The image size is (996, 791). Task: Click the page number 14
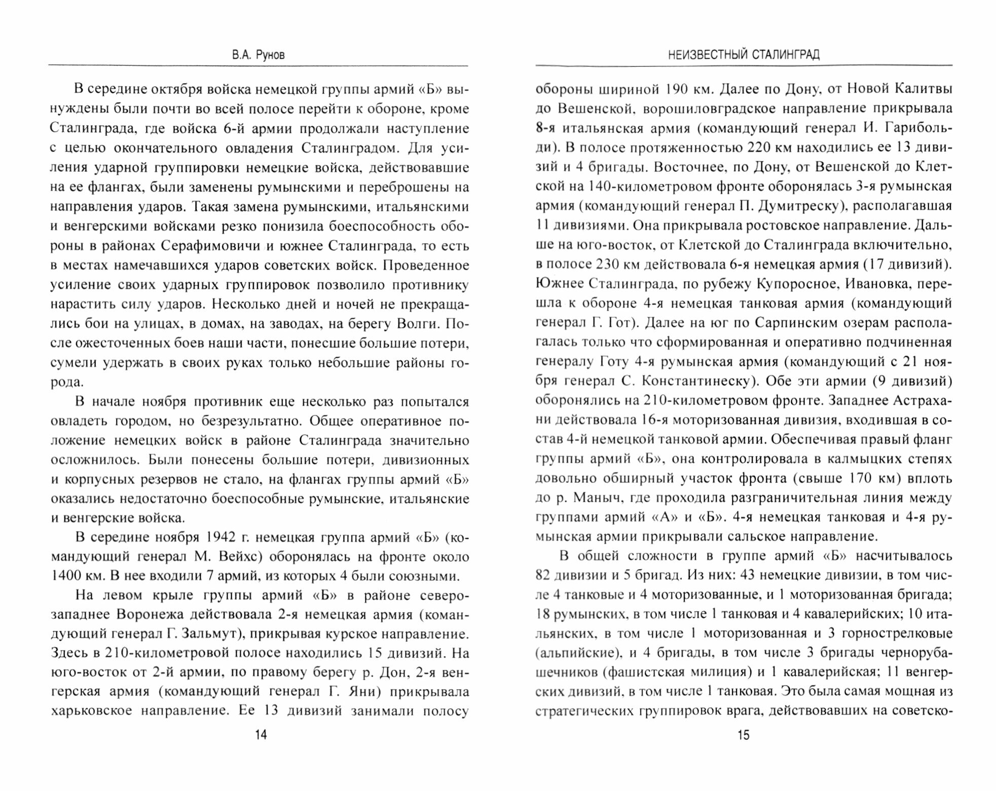point(261,734)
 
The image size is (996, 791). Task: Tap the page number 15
point(743,734)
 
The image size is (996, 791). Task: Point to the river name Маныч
point(592,498)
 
